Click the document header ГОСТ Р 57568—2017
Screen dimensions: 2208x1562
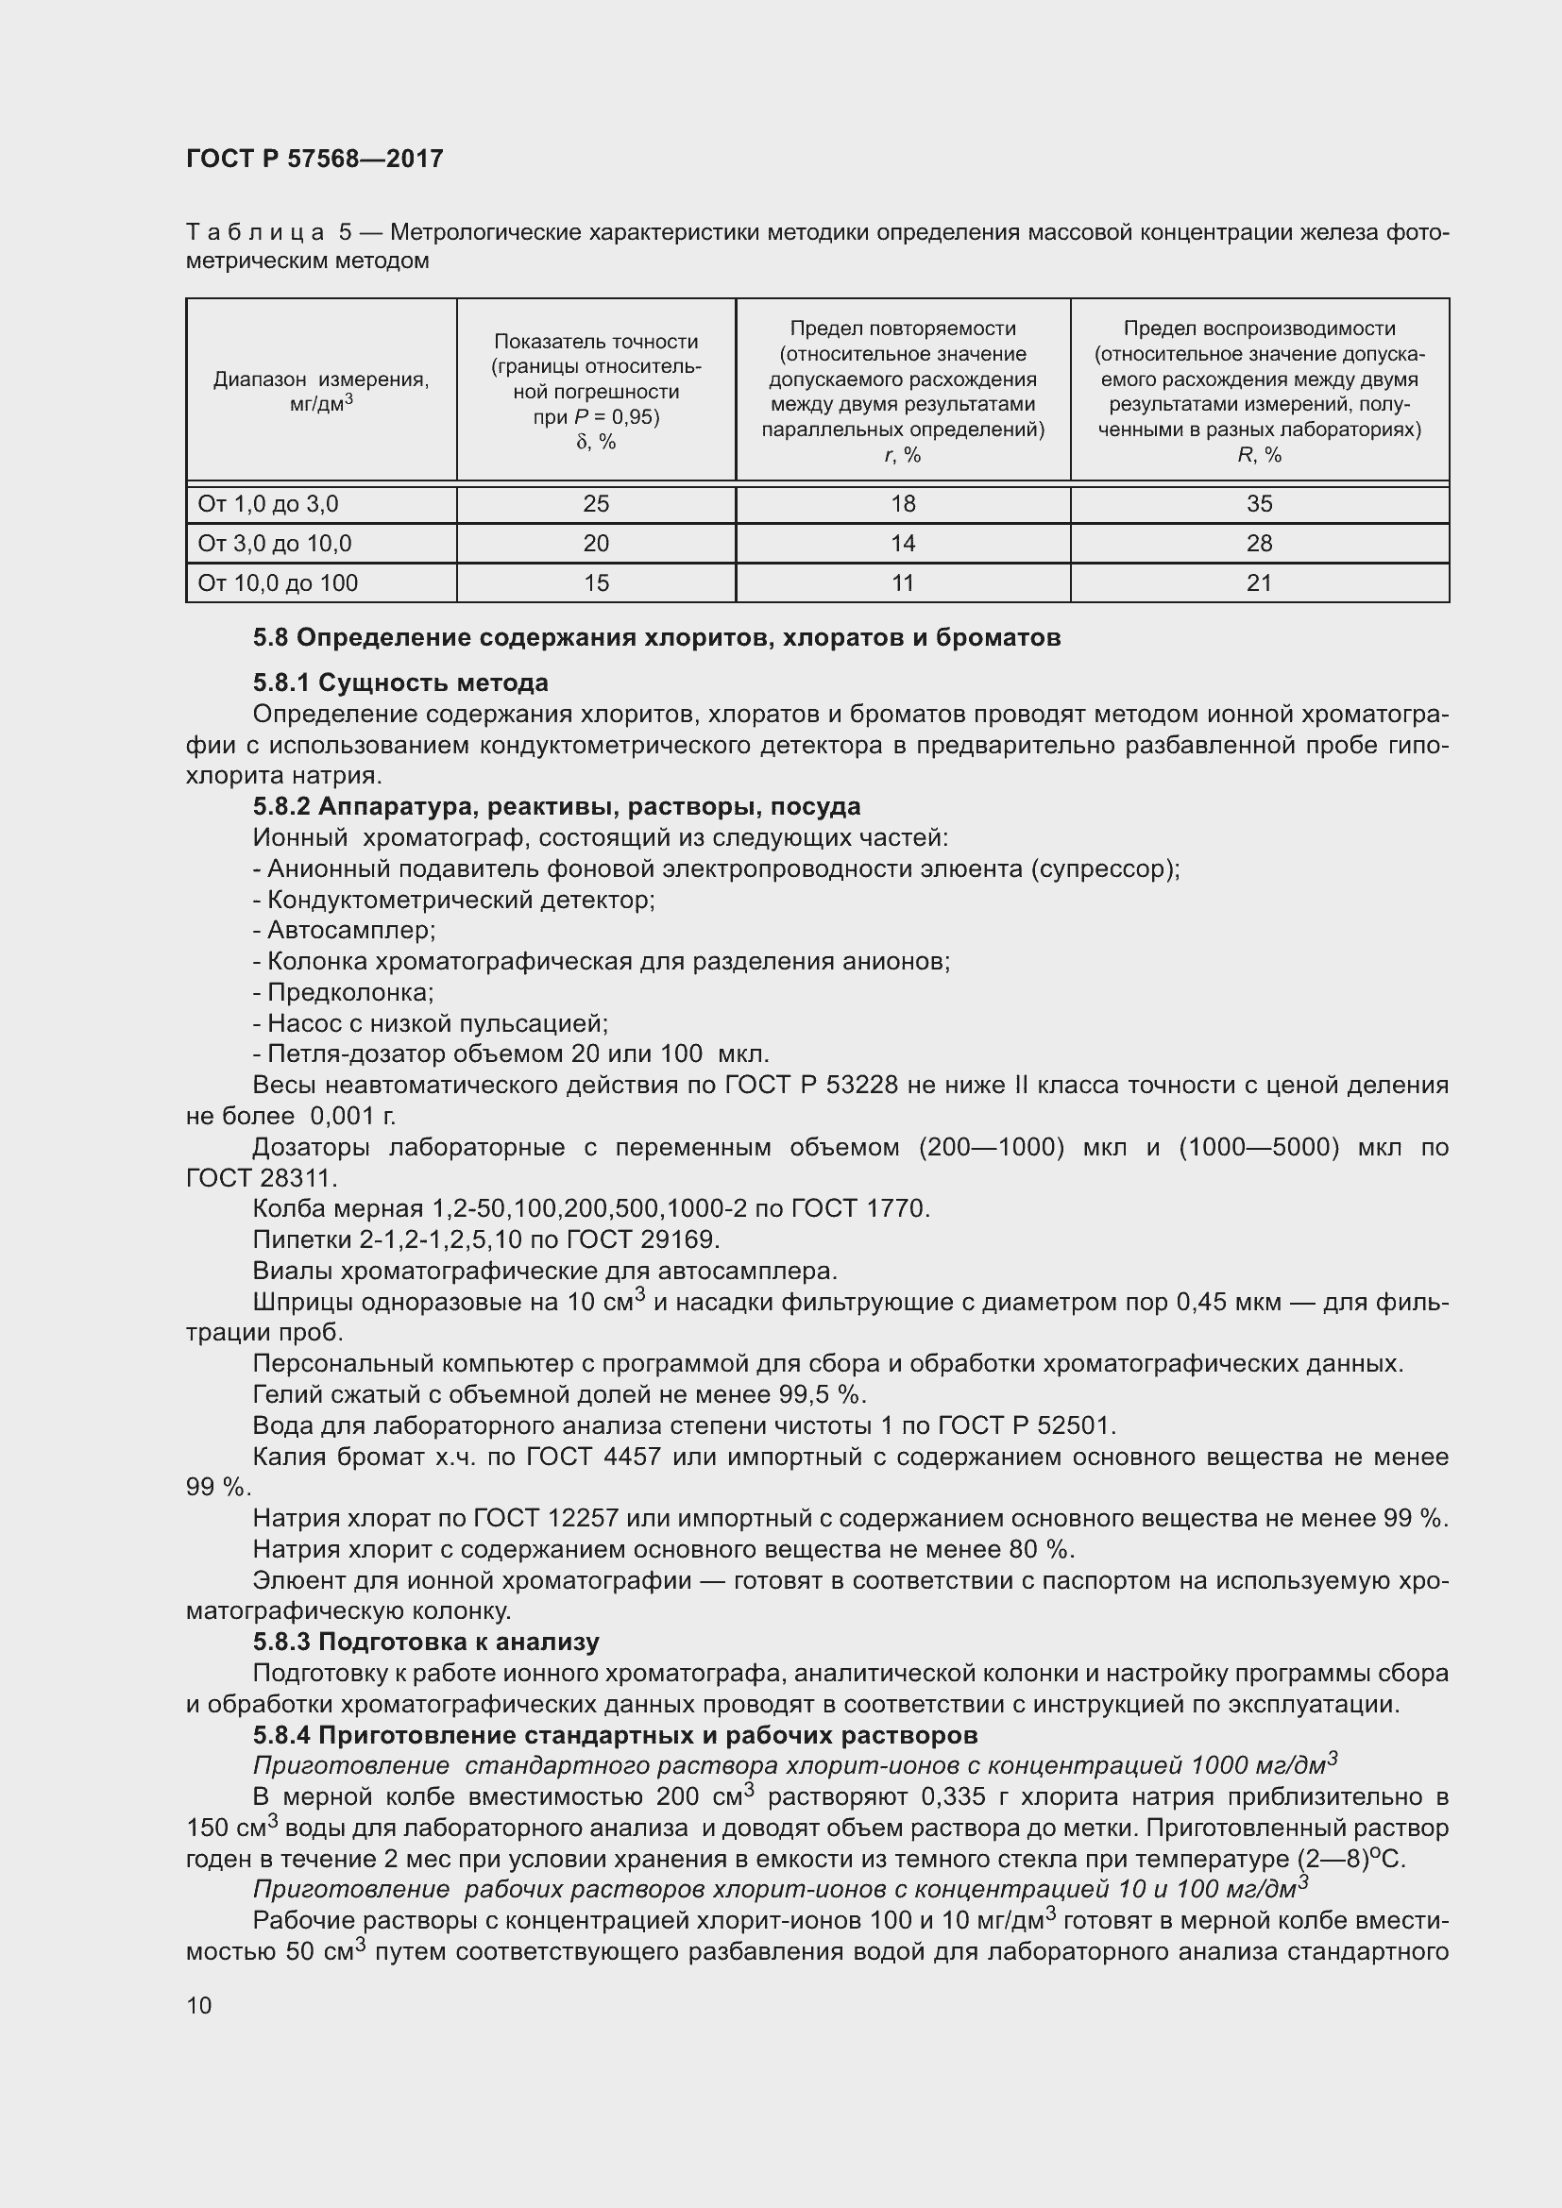click(x=314, y=160)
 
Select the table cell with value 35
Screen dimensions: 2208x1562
click(x=1258, y=504)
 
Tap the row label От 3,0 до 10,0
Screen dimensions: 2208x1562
click(x=275, y=545)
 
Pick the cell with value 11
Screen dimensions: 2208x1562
click(x=902, y=583)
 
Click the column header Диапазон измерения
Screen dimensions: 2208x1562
click(x=321, y=379)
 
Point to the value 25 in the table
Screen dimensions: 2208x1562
click(x=595, y=504)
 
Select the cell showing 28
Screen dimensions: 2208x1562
click(x=1258, y=545)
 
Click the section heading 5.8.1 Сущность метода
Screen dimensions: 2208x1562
click(x=400, y=683)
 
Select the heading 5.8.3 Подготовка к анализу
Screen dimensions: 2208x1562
click(x=426, y=1642)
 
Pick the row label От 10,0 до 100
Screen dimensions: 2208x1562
click(x=277, y=583)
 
